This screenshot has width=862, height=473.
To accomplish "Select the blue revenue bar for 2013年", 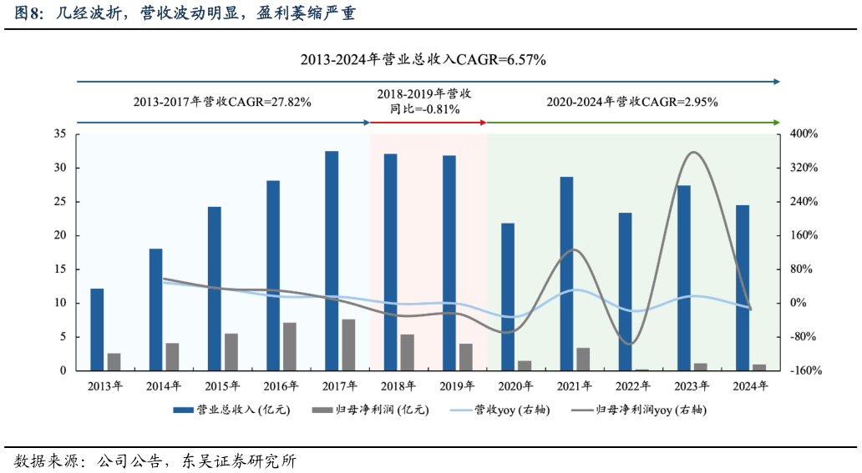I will pyautogui.click(x=97, y=330).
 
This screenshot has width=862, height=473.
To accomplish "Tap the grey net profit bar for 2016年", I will pyautogui.click(x=289, y=346).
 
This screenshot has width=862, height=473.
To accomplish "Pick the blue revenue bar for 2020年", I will pyautogui.click(x=508, y=296).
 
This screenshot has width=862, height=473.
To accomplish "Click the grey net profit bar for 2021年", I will pyautogui.click(x=583, y=359).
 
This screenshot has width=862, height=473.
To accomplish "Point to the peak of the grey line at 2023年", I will pyautogui.click(x=693, y=152).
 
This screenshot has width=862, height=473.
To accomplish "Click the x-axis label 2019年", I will pyautogui.click(x=456, y=386).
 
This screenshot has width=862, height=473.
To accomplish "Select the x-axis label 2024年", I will pyautogui.click(x=750, y=386).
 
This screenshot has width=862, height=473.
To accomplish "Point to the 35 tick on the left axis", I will pyautogui.click(x=60, y=133).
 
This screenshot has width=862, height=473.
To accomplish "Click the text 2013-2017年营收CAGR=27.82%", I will pyautogui.click(x=222, y=102).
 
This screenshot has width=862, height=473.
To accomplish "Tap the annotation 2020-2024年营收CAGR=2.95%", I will pyautogui.click(x=632, y=102).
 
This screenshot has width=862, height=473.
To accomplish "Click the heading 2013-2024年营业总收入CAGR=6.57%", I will pyautogui.click(x=423, y=59).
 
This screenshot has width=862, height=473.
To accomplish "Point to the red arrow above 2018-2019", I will pyautogui.click(x=428, y=123).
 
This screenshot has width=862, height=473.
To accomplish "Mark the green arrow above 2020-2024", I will pyautogui.click(x=632, y=123).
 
